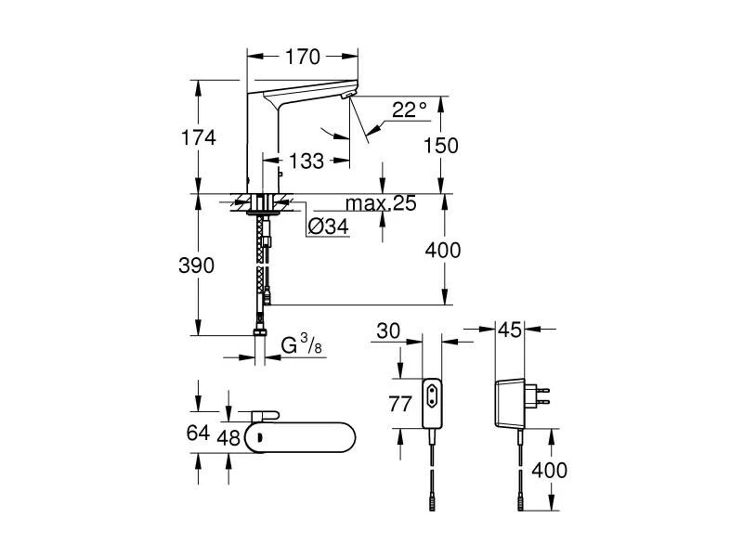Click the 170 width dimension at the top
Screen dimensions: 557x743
[x=303, y=58]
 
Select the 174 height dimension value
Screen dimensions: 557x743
[x=199, y=137]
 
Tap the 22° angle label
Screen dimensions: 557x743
[x=409, y=110]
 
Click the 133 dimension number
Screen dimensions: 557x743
[x=306, y=162]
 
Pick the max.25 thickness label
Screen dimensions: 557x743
[x=380, y=203]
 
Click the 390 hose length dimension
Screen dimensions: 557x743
[x=197, y=266]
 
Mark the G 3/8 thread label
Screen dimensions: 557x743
[x=302, y=347]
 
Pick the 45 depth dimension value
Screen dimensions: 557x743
[x=511, y=330]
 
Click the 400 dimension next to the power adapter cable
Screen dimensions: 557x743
[x=548, y=470]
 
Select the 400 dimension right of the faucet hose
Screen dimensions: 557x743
[x=442, y=250]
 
